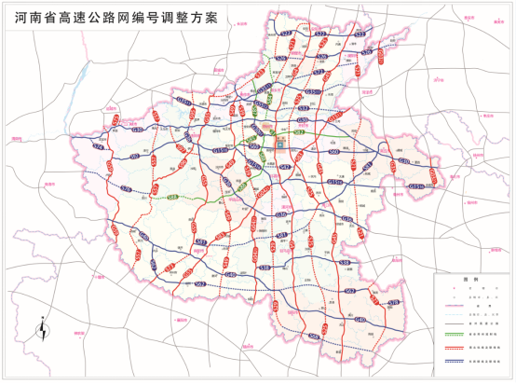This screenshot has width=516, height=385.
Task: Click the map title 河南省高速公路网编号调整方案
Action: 117,18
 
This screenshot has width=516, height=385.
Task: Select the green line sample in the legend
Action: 455,334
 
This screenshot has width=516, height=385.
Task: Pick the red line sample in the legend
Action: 455,347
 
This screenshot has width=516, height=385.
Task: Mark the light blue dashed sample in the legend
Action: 455,314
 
